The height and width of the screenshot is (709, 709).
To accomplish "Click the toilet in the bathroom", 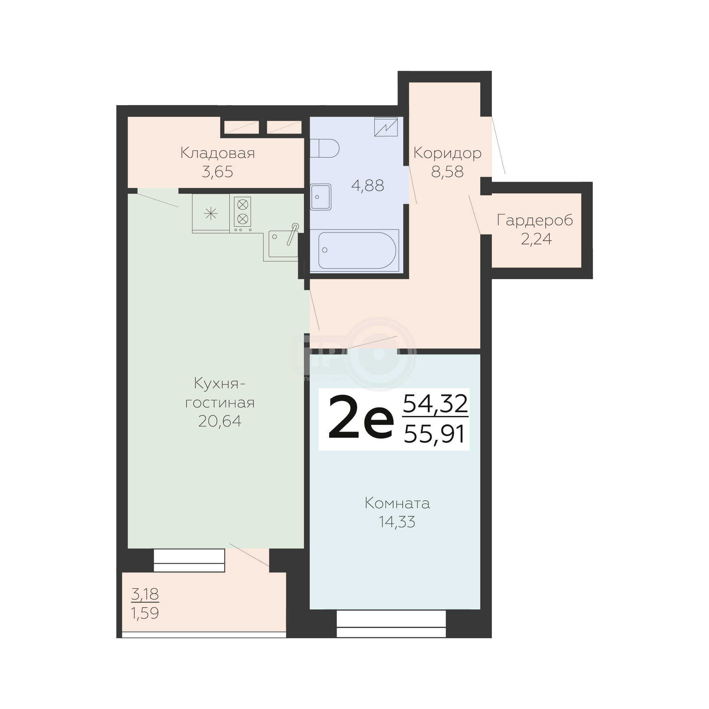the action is click(x=324, y=148).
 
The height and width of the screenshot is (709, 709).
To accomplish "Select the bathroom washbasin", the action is click(x=321, y=197).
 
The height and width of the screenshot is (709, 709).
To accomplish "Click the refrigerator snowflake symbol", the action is click(x=211, y=213).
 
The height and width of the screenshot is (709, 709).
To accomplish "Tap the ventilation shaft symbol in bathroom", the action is click(x=386, y=127).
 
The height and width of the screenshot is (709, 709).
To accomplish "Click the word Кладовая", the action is click(x=217, y=153).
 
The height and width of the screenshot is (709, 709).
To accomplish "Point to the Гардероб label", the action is click(x=535, y=221).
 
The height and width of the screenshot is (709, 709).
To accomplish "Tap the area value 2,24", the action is click(x=536, y=239).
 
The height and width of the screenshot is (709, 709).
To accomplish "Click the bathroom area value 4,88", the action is click(x=368, y=186).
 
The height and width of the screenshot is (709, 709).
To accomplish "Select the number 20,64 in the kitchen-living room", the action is click(x=220, y=421).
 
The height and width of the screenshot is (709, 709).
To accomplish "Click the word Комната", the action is click(x=398, y=503).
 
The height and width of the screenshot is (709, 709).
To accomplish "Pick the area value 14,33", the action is click(x=397, y=522).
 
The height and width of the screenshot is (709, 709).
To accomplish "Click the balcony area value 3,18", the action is click(x=145, y=594).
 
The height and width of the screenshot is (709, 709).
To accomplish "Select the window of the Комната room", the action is click(x=391, y=624).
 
